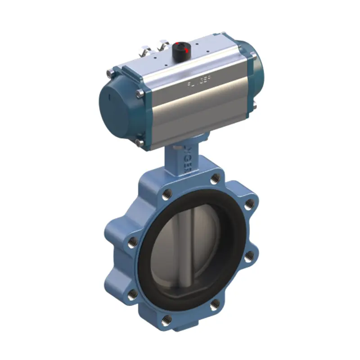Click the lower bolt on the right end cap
(255, 106)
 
